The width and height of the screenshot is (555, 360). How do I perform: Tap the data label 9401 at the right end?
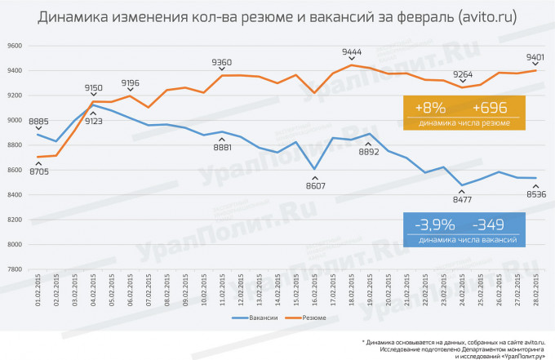coord(536,57)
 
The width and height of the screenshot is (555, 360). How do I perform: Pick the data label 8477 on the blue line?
coord(463,198)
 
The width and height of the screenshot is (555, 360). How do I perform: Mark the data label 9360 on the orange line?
coord(222,62)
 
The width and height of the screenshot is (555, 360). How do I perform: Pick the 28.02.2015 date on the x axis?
coord(536,291)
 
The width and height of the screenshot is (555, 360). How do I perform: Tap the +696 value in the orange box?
coord(490,109)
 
